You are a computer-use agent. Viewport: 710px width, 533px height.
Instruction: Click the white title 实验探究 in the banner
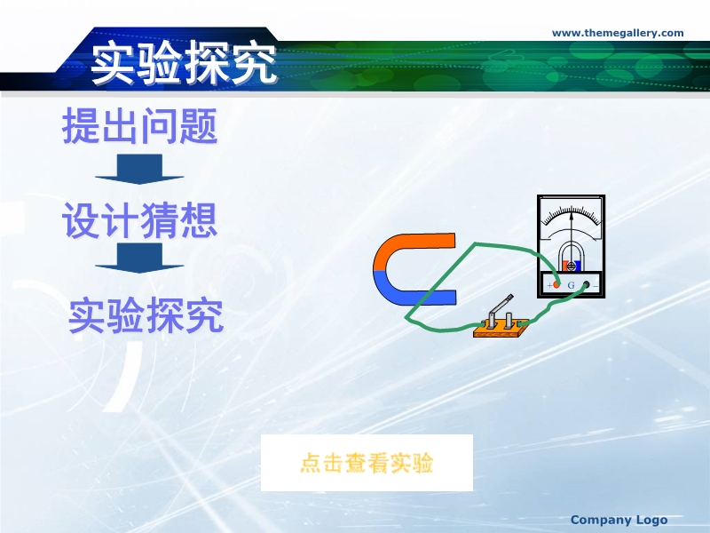click(184, 63)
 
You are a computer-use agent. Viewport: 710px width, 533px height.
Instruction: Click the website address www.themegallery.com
click(618, 33)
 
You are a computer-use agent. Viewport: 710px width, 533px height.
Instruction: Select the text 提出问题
click(140, 125)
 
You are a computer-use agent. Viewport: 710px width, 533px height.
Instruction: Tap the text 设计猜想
click(140, 220)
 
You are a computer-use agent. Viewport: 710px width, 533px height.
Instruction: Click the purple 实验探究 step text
click(146, 315)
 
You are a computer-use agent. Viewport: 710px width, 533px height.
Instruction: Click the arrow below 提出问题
click(139, 169)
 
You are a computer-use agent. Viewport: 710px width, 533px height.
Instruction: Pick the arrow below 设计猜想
click(139, 258)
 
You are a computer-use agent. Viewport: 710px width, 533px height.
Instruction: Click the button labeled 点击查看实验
click(367, 463)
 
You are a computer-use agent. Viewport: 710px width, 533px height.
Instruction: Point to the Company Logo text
click(619, 520)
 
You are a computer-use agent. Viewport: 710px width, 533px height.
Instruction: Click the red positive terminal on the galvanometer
click(556, 285)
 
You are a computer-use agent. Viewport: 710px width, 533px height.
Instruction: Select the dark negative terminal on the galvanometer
click(586, 284)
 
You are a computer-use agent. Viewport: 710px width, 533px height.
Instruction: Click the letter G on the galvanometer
click(571, 285)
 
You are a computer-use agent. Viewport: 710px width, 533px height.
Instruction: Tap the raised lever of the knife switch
click(501, 304)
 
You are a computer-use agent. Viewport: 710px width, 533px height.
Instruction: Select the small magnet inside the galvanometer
click(572, 265)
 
